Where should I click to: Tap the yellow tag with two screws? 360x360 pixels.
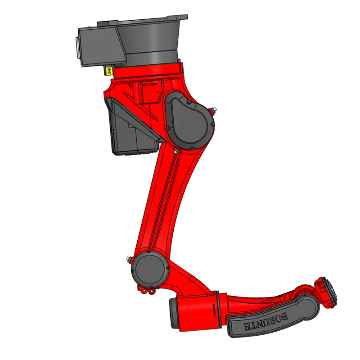coord(108,70)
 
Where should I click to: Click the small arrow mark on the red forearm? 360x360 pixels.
coord(213,307)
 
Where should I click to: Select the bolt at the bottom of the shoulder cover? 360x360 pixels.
coord(192,148)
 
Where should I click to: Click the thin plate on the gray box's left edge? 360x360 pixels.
coord(76,47)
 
